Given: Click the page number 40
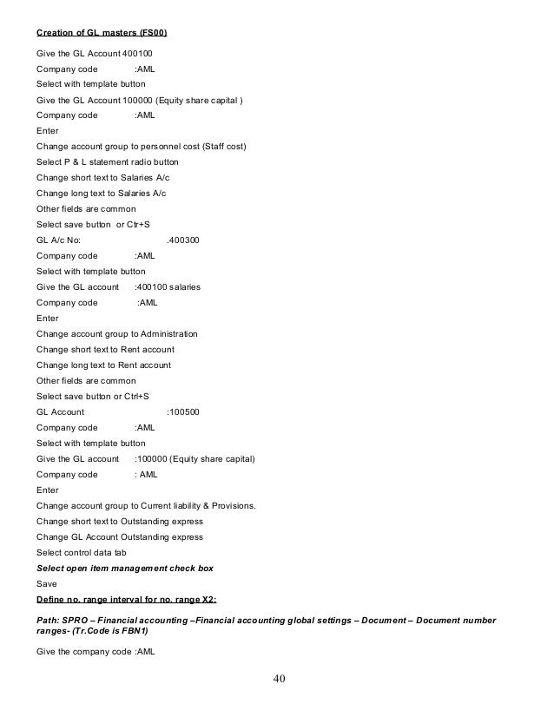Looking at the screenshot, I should click(x=278, y=677).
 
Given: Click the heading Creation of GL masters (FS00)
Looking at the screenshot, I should click(x=102, y=33).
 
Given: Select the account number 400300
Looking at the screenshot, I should click(x=182, y=239).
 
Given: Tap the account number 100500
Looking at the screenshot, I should click(x=183, y=411).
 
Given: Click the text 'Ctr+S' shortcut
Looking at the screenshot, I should click(x=135, y=224).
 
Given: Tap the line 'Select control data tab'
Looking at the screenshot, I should click(x=82, y=552).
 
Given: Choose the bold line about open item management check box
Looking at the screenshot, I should click(x=125, y=568).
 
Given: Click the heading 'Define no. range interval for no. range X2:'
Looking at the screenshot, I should click(x=126, y=600).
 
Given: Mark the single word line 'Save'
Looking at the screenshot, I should click(x=46, y=584).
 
